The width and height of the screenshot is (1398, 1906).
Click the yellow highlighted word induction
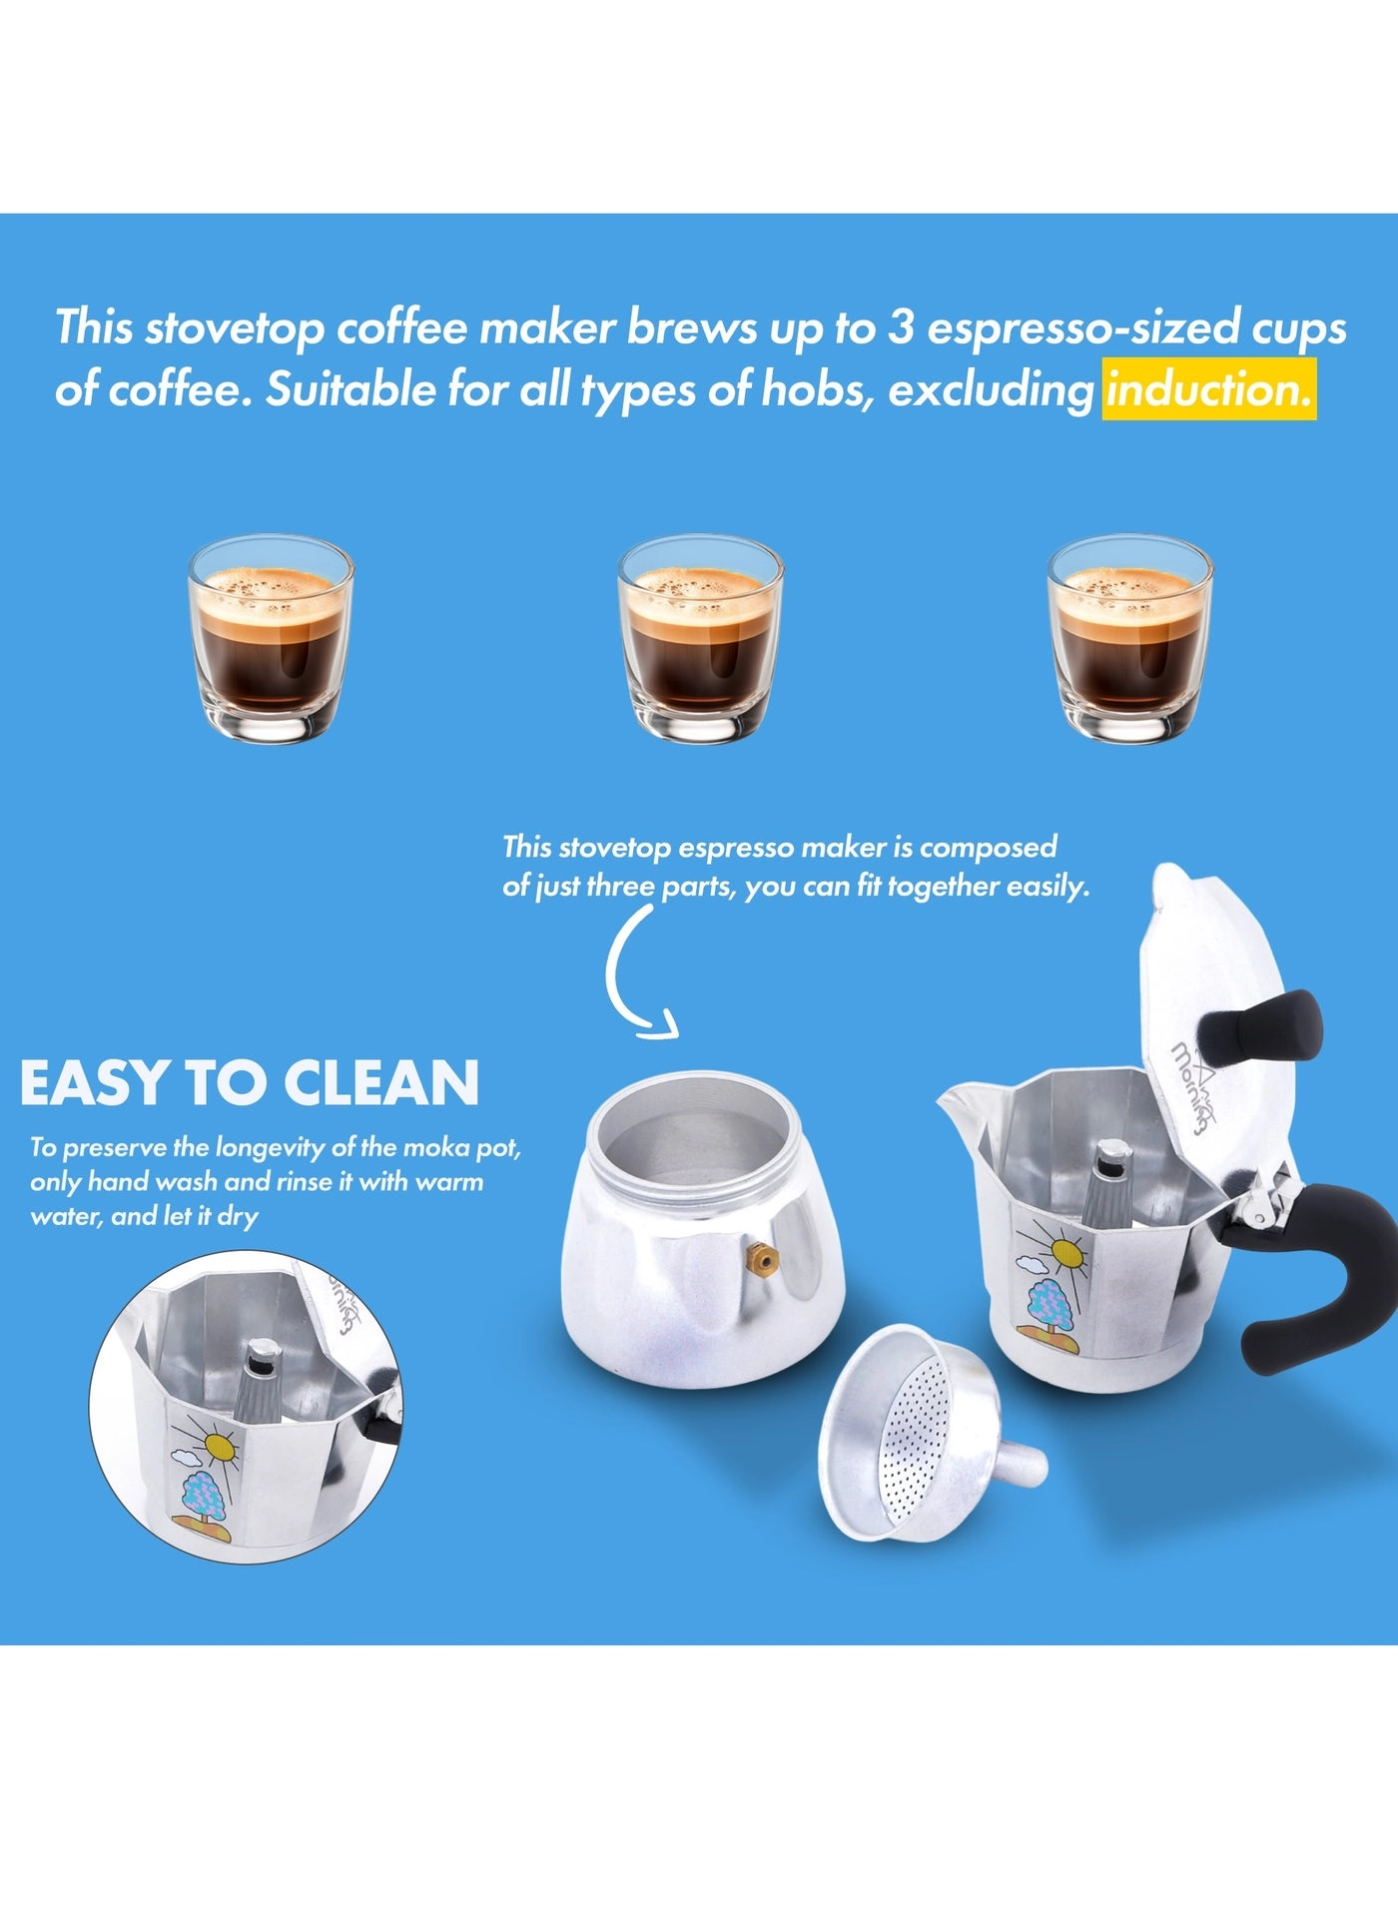[x=1208, y=389]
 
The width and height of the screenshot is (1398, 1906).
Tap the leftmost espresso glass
[x=271, y=638]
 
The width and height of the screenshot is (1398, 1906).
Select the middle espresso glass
[x=700, y=638]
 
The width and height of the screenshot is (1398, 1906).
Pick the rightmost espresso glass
[x=1129, y=638]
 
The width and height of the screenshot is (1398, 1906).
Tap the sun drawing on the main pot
[x=1065, y=1250]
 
